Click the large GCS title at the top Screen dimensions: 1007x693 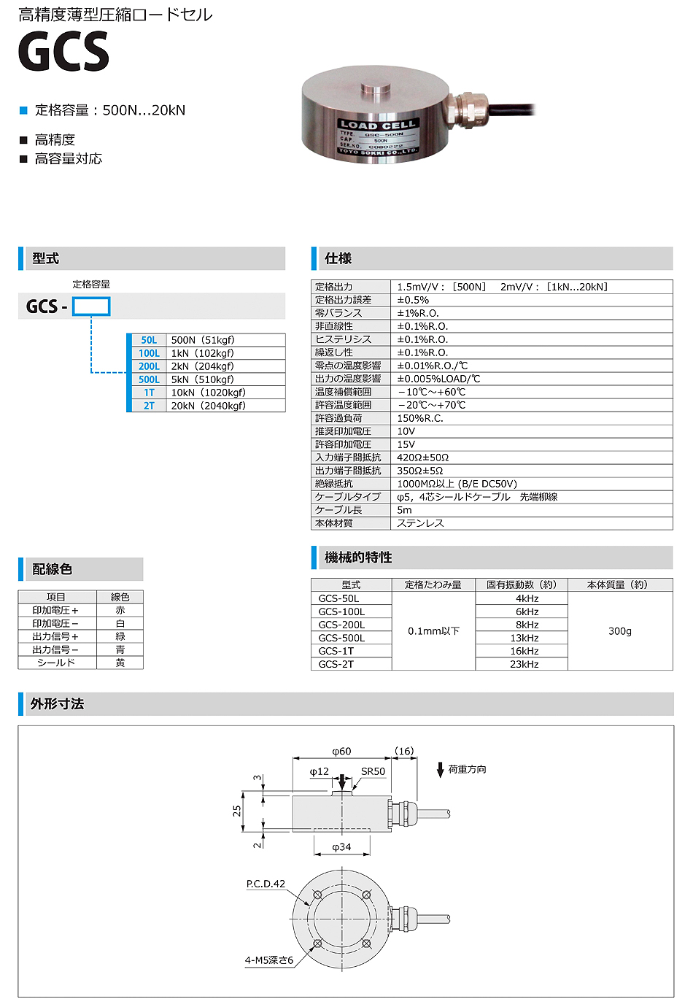click(63, 51)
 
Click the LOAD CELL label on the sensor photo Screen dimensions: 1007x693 click(377, 125)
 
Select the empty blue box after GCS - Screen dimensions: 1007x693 click(91, 306)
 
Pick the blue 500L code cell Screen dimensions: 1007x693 click(149, 379)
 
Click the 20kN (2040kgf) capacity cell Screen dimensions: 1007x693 click(209, 406)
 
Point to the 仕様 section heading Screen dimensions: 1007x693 click(338, 258)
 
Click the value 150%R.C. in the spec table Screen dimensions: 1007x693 click(420, 418)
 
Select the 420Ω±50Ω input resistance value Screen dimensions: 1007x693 click(423, 458)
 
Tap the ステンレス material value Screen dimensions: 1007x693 click(420, 523)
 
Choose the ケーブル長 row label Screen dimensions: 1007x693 click(338, 510)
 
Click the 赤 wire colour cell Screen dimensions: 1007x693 click(120, 610)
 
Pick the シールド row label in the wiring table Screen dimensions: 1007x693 click(56, 663)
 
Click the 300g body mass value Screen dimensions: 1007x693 click(620, 631)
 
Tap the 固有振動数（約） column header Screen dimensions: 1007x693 click(521, 584)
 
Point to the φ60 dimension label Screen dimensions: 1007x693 click(341, 751)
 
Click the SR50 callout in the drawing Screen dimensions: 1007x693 click(373, 771)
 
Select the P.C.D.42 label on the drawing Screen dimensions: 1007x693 click(266, 884)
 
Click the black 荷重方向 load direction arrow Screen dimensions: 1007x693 click(441, 770)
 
